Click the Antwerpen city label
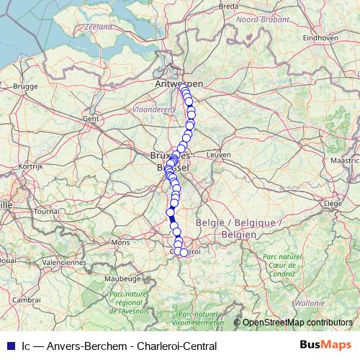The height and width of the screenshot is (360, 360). pos(179,84)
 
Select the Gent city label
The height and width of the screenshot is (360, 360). pos(91,118)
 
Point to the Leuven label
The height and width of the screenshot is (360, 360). pos(217,155)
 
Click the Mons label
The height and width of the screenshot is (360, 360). pos(120,243)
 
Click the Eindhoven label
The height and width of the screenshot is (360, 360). pos(322,35)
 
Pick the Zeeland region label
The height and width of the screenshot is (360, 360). pos(99,27)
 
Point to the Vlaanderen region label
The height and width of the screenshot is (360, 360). pos(153,109)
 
